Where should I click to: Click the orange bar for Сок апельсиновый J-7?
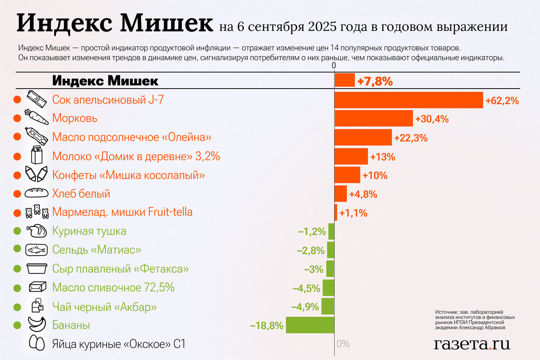point(409,100)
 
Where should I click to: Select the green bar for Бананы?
point(310,325)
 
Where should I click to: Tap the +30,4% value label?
point(432,119)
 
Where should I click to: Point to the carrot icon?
point(36,117)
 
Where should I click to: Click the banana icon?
point(37,324)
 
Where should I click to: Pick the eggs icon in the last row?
point(37,343)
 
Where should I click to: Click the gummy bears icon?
point(37,212)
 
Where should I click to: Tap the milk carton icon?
point(37,155)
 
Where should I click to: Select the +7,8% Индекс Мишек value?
point(375,81)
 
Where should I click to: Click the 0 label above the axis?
point(334,66)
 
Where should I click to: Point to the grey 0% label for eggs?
point(343,344)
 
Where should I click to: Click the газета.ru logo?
point(472,344)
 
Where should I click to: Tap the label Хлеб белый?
point(81,194)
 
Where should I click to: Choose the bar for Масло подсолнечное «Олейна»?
point(363,138)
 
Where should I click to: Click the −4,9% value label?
point(305,307)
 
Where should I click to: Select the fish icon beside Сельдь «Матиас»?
point(36,250)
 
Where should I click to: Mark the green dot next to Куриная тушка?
point(17,231)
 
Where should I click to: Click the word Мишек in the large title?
point(166,23)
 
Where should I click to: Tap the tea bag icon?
point(37,306)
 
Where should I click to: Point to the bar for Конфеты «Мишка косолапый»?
point(347,175)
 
